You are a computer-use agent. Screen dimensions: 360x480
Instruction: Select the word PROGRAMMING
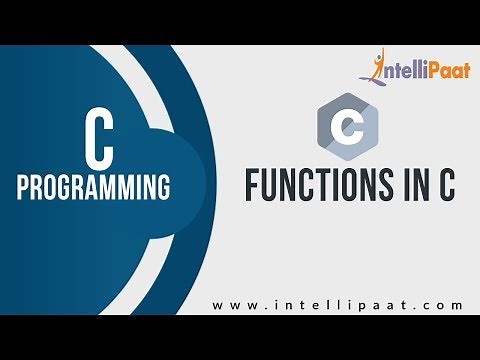(93, 186)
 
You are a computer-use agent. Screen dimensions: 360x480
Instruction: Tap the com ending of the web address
(444, 304)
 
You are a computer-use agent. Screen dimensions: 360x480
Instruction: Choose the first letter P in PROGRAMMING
(24, 186)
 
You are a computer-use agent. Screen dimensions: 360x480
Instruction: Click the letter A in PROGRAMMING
(95, 186)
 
